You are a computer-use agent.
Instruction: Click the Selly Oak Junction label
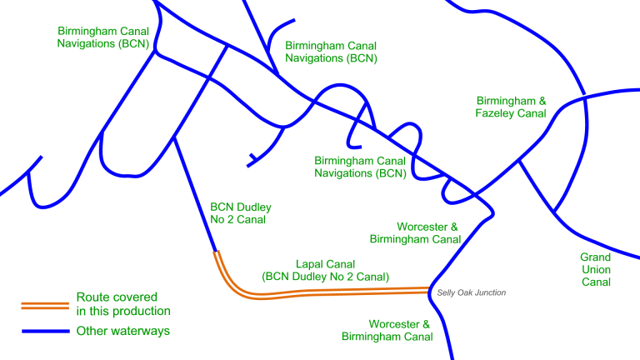[471, 292]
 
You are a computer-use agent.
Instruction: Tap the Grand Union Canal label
[596, 269]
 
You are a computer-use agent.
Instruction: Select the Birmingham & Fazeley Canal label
[511, 107]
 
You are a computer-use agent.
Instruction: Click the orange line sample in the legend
[44, 304]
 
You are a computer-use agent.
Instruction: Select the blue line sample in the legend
[44, 331]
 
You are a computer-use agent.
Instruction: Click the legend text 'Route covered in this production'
[122, 304]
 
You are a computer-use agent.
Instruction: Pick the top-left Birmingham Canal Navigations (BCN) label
[102, 37]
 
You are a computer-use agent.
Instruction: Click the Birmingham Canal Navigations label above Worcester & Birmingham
[359, 167]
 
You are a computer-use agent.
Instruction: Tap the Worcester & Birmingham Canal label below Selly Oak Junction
[387, 330]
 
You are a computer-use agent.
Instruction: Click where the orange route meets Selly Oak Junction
[430, 290]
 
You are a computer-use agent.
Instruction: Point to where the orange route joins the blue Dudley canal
[216, 252]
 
